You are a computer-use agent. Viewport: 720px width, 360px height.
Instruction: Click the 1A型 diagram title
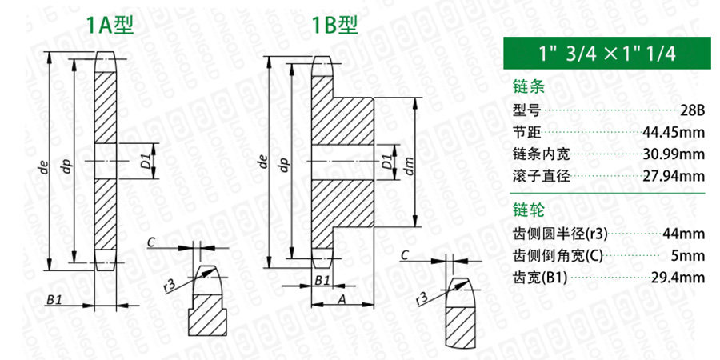pyautogui.click(x=110, y=25)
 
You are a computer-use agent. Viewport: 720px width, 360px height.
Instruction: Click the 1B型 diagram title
pyautogui.click(x=334, y=25)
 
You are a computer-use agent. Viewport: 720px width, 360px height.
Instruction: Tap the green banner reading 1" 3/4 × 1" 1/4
pyautogui.click(x=604, y=54)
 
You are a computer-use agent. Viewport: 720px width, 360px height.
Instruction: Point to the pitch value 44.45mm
pyautogui.click(x=674, y=133)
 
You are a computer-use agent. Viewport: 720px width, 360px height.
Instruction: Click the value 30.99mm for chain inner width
pyautogui.click(x=674, y=154)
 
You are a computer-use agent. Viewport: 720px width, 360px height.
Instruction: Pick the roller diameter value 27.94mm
pyautogui.click(x=674, y=176)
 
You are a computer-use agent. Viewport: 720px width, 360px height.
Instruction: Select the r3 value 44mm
pyautogui.click(x=683, y=234)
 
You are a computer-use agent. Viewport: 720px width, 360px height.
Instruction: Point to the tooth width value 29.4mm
pyautogui.click(x=678, y=278)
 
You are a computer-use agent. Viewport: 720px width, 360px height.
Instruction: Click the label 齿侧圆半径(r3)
pyautogui.click(x=560, y=234)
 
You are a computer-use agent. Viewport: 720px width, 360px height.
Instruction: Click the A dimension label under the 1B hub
pyautogui.click(x=342, y=299)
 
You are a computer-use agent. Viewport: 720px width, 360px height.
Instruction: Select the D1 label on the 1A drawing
pyautogui.click(x=145, y=161)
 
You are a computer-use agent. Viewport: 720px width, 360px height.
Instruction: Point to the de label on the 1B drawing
pyautogui.click(x=263, y=162)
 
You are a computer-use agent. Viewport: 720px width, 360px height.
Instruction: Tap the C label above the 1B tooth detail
pyautogui.click(x=405, y=255)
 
